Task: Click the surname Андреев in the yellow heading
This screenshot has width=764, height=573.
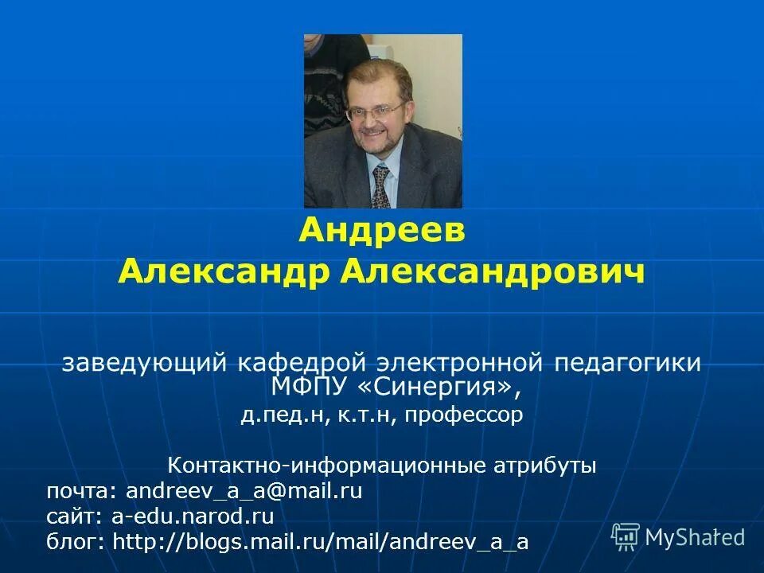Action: [x=382, y=232]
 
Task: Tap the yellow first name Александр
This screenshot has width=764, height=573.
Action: [x=224, y=273]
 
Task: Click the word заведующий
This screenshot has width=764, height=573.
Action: [x=145, y=363]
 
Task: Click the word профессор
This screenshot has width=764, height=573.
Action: [x=464, y=415]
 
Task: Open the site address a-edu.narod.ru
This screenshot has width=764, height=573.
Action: [x=193, y=516]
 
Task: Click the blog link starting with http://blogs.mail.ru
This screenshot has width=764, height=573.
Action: [x=321, y=542]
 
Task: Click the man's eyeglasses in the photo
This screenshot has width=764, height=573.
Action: [x=376, y=111]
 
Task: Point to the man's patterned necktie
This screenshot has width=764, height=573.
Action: [x=381, y=185]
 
